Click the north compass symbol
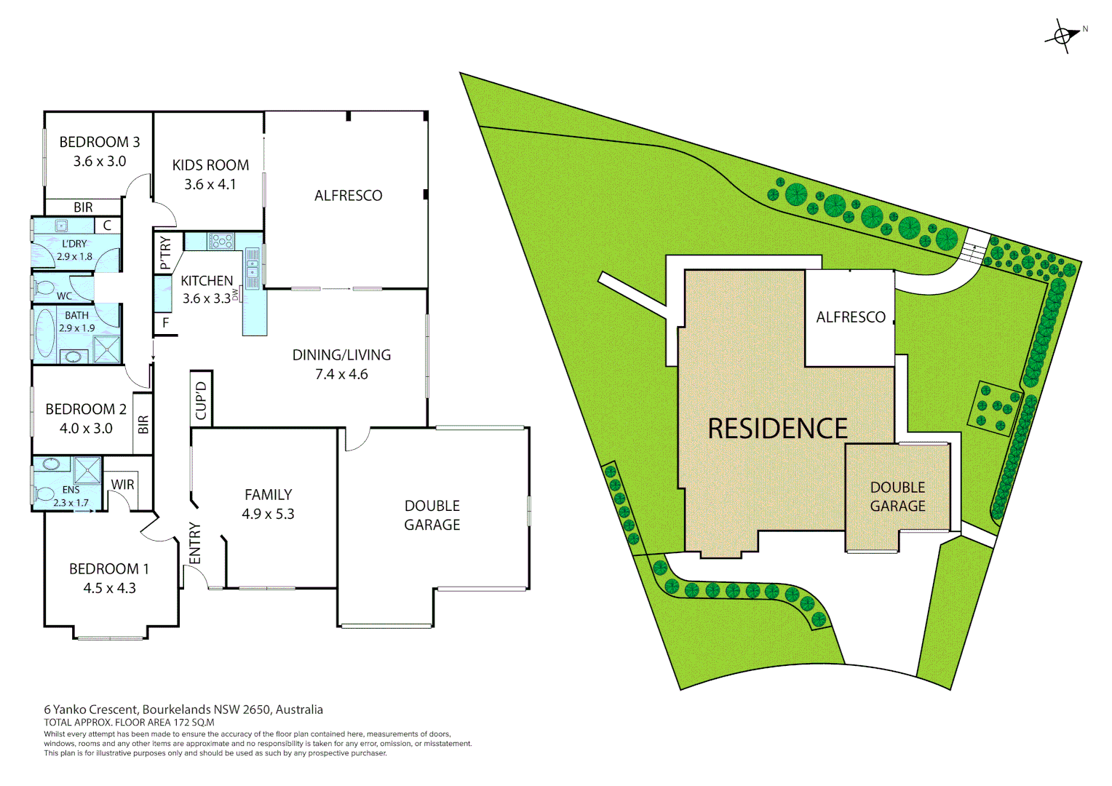click(x=1064, y=35)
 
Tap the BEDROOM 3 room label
click(x=100, y=142)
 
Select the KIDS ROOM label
click(x=210, y=165)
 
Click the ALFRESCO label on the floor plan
click(x=348, y=196)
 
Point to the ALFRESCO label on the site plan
click(x=850, y=317)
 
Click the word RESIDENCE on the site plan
click(x=777, y=429)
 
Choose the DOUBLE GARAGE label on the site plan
click(x=897, y=496)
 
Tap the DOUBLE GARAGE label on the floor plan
click(x=432, y=515)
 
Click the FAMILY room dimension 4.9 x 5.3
click(x=268, y=514)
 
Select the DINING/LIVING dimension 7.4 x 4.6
click(x=341, y=374)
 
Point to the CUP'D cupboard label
click(x=202, y=400)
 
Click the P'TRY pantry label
click(x=165, y=253)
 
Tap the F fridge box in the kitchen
click(x=165, y=322)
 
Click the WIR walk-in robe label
click(x=122, y=484)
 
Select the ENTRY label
click(x=194, y=543)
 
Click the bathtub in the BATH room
click(x=46, y=333)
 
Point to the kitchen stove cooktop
click(x=221, y=240)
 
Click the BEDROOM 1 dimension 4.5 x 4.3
click(x=109, y=588)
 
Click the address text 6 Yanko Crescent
click(x=92, y=709)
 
